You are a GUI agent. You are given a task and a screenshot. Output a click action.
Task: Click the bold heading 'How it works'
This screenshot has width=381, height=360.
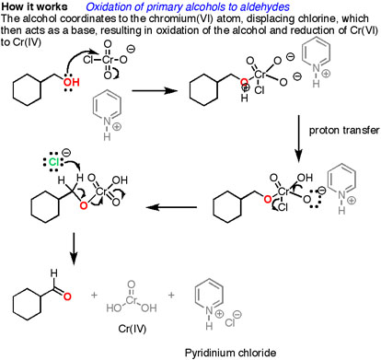[x=33, y=6]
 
